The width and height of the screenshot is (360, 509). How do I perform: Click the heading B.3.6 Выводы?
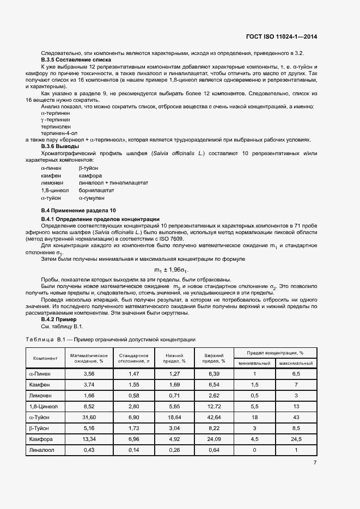pyautogui.click(x=60, y=146)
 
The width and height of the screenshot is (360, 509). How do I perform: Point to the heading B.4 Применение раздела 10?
pyautogui.click(x=78, y=210)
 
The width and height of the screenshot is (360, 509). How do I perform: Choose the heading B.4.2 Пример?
pyautogui.click(x=59, y=320)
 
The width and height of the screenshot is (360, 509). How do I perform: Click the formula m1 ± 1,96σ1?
pyautogui.click(x=171, y=270)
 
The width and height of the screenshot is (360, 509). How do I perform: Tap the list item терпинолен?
pyautogui.click(x=56, y=126)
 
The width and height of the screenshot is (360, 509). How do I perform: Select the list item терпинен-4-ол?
pyautogui.click(x=59, y=132)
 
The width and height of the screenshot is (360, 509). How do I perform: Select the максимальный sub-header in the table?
pyautogui.click(x=295, y=363)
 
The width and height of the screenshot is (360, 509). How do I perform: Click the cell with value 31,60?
pyautogui.click(x=89, y=417)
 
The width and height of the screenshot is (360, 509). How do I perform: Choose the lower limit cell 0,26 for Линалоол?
pyautogui.click(x=174, y=450)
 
